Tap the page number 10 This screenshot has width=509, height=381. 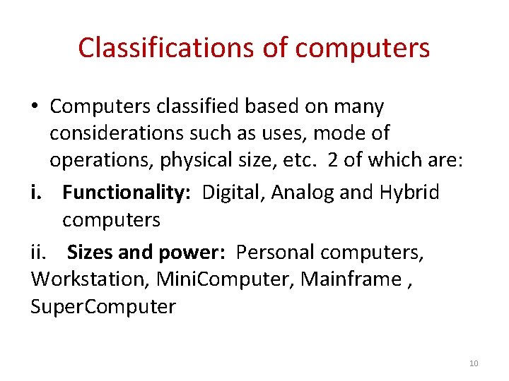click(474, 363)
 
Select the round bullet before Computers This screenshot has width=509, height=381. click(35, 107)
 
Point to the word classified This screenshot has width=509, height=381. click(197, 107)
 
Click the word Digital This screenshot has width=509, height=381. click(226, 192)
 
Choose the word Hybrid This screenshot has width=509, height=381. click(409, 192)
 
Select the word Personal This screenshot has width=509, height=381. click(275, 252)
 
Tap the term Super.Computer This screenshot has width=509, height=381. click(103, 307)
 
